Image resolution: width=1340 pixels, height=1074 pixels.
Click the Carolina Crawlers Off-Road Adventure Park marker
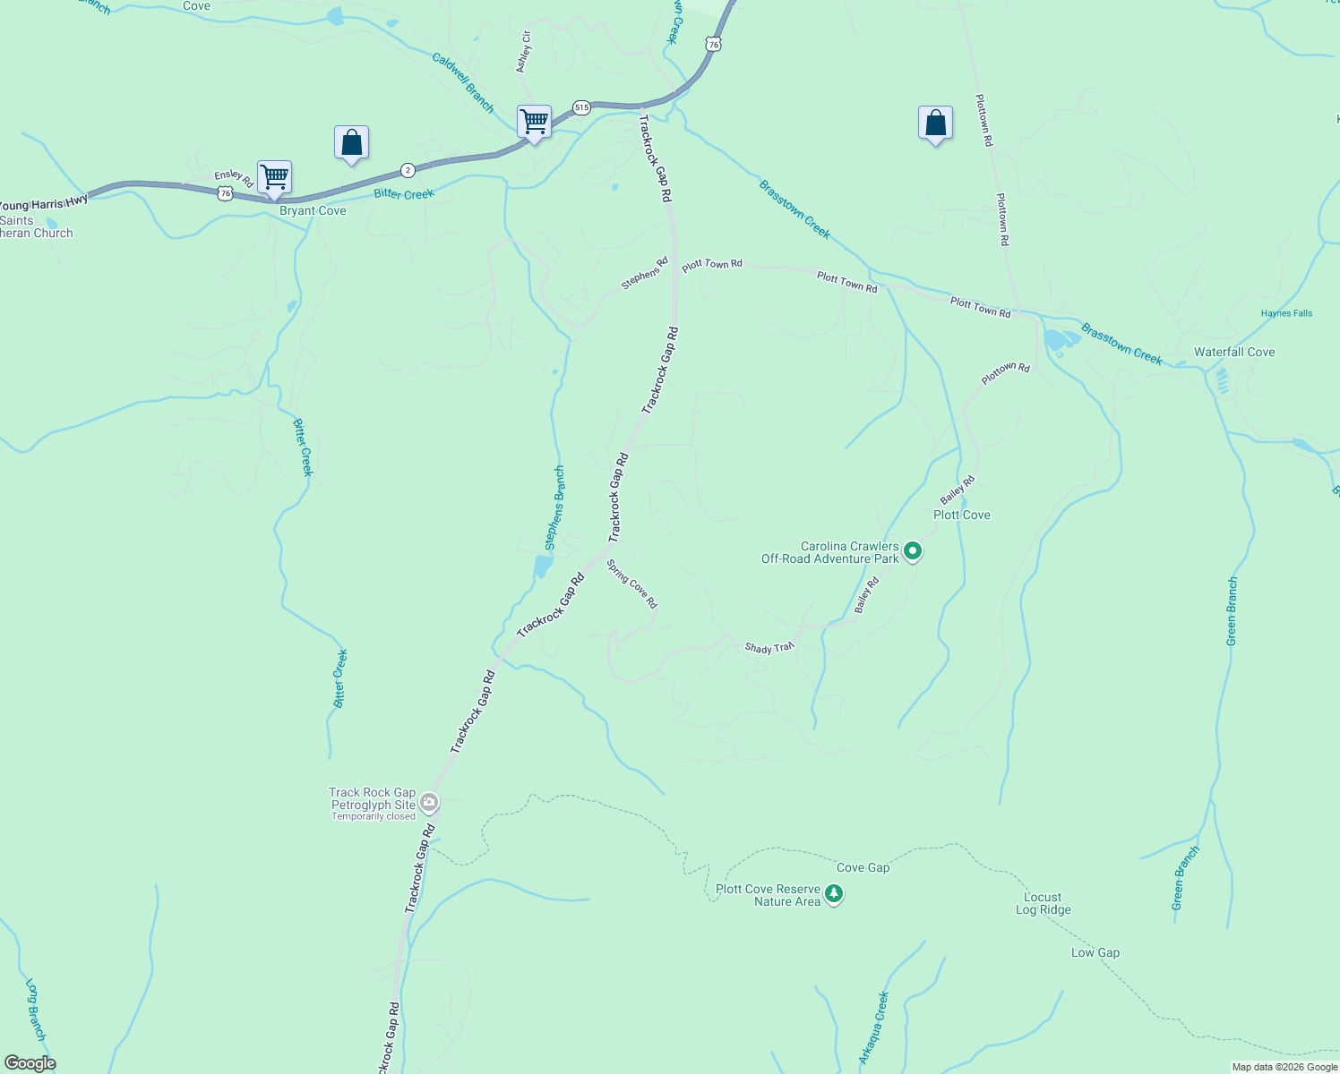pyautogui.click(x=912, y=551)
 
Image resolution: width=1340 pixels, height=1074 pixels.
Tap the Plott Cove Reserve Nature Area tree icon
pyautogui.click(x=834, y=894)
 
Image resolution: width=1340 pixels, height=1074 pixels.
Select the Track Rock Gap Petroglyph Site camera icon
pyautogui.click(x=430, y=802)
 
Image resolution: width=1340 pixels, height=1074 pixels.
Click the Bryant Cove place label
pyautogui.click(x=313, y=211)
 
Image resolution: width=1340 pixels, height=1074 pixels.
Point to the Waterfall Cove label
pyautogui.click(x=1234, y=353)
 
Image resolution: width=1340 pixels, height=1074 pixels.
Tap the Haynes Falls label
pyautogui.click(x=1286, y=313)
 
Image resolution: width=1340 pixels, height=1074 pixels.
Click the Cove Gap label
pyautogui.click(x=863, y=867)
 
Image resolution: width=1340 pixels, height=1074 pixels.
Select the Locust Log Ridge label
pyautogui.click(x=1043, y=903)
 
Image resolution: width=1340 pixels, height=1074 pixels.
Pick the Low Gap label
pyautogui.click(x=1095, y=952)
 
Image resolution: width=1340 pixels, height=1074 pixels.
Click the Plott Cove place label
pyautogui.click(x=962, y=515)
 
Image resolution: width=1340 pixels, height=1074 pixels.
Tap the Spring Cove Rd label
pyautogui.click(x=632, y=584)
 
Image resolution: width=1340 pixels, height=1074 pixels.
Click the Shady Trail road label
pyautogui.click(x=769, y=647)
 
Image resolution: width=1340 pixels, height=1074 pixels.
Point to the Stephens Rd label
pyautogui.click(x=645, y=274)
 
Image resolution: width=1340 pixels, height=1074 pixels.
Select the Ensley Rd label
pyautogui.click(x=234, y=178)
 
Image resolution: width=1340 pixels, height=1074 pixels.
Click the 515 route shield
pyautogui.click(x=582, y=107)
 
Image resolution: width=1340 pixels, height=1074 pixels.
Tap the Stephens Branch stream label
pyautogui.click(x=555, y=507)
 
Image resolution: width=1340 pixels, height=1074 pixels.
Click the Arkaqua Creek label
pyautogui.click(x=873, y=1027)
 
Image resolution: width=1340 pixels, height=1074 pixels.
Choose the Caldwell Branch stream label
pyautogui.click(x=462, y=82)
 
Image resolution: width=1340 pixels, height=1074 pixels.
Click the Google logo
pyautogui.click(x=30, y=1063)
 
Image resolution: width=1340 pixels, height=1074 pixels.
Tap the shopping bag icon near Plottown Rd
pyautogui.click(x=935, y=124)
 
